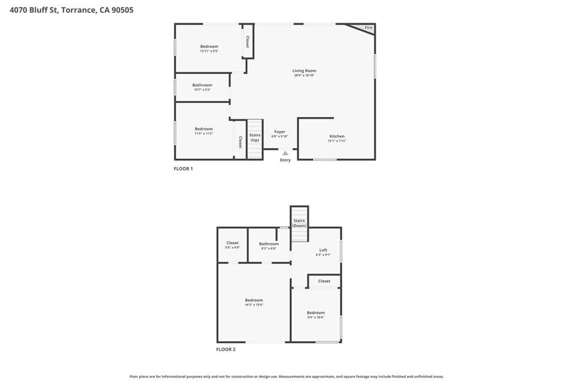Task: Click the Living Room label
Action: click(x=304, y=71)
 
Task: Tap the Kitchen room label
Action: click(x=337, y=136)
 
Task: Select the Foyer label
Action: click(x=280, y=132)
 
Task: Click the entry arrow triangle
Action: click(x=285, y=153)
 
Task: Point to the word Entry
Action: click(x=285, y=160)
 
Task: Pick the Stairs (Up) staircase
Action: click(x=255, y=137)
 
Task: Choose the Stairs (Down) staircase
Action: click(x=299, y=223)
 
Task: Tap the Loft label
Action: click(x=323, y=250)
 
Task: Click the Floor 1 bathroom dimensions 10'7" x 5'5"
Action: click(x=202, y=89)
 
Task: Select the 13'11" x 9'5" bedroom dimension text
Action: click(x=209, y=51)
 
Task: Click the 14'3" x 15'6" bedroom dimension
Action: click(x=254, y=305)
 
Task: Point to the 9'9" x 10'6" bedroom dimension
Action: click(x=316, y=317)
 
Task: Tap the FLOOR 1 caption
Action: click(x=184, y=169)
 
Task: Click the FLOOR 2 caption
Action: click(x=226, y=350)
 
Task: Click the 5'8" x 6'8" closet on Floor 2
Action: click(x=232, y=247)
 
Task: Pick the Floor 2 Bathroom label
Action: click(x=269, y=243)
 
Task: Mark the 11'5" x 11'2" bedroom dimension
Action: click(x=204, y=134)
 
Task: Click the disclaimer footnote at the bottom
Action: click(x=286, y=376)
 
